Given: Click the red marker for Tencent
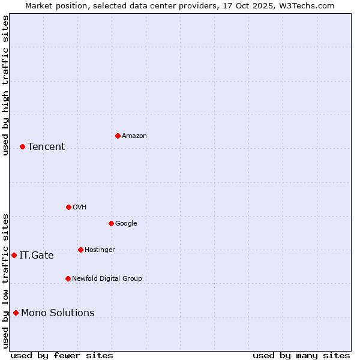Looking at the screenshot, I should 22,146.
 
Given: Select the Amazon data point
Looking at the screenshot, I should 118,136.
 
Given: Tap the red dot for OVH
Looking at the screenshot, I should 68,207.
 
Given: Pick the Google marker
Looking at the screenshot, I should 111,223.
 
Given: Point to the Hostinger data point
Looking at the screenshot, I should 80,250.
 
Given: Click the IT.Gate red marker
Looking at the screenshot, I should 14,255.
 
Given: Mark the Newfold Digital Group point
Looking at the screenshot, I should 68,278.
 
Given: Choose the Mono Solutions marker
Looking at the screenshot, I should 16,313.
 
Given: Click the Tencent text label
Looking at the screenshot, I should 46,146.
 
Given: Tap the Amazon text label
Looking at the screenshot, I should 134,136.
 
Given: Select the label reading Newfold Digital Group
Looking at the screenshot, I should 107,278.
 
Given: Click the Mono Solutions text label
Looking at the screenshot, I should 58,313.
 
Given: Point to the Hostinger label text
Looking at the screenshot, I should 100,250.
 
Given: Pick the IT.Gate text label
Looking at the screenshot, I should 37,255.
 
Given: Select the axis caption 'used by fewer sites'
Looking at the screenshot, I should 62,355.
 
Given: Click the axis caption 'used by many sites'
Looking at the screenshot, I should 301,355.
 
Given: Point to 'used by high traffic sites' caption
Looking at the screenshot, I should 5,85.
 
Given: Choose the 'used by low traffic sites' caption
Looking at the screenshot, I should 5,280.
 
